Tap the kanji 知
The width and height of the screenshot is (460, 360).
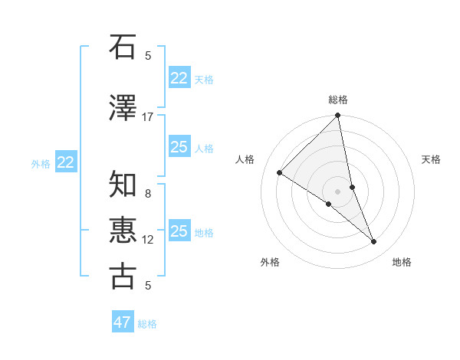(x=123, y=185)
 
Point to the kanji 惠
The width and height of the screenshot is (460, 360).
(x=123, y=230)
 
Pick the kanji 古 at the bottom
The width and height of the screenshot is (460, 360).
(x=123, y=276)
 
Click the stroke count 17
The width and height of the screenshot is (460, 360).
(x=148, y=117)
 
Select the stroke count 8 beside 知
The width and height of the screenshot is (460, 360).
(x=148, y=194)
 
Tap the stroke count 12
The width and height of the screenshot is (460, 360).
(x=148, y=240)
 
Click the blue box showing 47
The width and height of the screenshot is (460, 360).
(x=123, y=322)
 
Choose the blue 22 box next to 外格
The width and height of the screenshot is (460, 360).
(x=65, y=162)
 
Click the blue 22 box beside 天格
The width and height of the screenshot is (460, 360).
(x=179, y=78)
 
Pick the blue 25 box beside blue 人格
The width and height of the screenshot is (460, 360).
(x=179, y=147)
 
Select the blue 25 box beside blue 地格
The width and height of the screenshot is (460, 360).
(x=179, y=231)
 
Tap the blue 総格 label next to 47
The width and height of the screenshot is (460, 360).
(x=148, y=324)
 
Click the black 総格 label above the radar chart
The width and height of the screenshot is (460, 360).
(x=338, y=100)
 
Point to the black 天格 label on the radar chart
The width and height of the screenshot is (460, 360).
(x=431, y=159)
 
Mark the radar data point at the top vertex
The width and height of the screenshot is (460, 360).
(x=338, y=116)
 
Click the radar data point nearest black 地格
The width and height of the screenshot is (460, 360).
(x=374, y=242)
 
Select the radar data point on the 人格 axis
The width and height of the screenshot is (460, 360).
(x=280, y=173)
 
